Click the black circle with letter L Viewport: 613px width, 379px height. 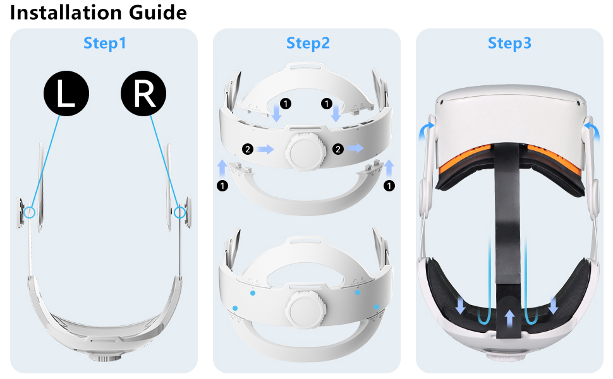(66, 95)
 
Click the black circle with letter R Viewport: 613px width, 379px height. (144, 95)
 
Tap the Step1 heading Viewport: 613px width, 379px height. (105, 43)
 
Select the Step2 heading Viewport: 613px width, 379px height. (308, 43)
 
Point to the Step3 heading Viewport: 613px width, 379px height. (510, 43)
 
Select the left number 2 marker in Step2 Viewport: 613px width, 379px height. (248, 149)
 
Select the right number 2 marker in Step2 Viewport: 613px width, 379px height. (337, 149)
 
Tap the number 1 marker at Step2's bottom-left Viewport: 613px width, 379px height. (222, 186)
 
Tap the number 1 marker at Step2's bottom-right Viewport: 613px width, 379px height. (389, 186)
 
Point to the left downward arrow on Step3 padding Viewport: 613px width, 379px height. (460, 306)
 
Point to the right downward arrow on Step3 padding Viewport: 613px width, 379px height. (554, 306)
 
